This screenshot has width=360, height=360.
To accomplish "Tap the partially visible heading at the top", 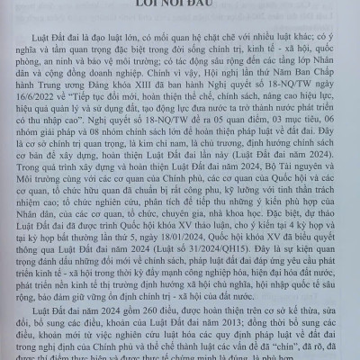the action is click(x=180, y=4).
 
